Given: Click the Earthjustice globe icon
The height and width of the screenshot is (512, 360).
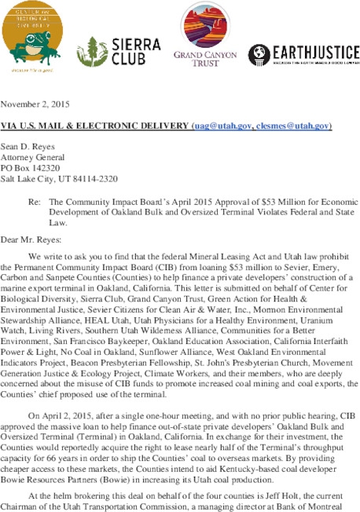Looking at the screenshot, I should [259, 53].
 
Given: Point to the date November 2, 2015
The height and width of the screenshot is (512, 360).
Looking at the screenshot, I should [34, 104].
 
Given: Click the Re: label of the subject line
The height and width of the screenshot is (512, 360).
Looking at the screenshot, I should [35, 202].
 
